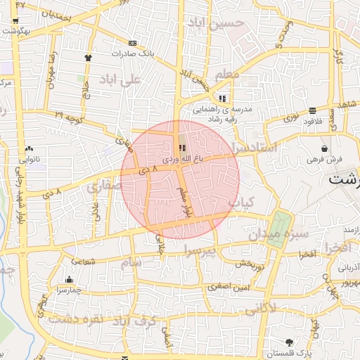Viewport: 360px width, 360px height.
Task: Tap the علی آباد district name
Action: [x=122, y=79]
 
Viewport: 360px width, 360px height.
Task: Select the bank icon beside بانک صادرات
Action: [x=133, y=43]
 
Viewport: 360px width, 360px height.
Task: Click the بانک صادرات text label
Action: [x=132, y=53]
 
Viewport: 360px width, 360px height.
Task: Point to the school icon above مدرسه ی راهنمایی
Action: [x=223, y=99]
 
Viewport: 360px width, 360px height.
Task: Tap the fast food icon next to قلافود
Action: [x=311, y=110]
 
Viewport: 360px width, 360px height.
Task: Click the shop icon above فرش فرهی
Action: [x=323, y=149]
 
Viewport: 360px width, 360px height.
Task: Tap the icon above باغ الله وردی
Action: [x=183, y=148]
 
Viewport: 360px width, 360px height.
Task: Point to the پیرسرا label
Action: [x=200, y=250]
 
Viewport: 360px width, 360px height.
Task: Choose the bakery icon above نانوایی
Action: [x=29, y=149]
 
